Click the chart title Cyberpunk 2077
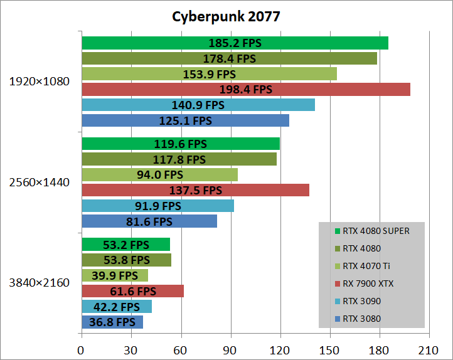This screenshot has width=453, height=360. pyautogui.click(x=226, y=16)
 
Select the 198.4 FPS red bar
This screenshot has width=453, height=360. pyautogui.click(x=245, y=90)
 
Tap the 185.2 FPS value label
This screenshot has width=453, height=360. pyautogui.click(x=235, y=43)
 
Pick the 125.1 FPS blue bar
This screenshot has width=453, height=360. pyautogui.click(x=185, y=120)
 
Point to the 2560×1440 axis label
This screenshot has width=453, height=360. pyautogui.click(x=39, y=182)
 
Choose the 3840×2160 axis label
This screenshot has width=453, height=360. pyautogui.click(x=39, y=282)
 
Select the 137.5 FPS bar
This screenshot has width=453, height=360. pyautogui.click(x=195, y=190)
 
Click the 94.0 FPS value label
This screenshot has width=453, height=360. pyautogui.click(x=160, y=174)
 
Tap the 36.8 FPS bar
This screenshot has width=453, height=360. pyautogui.click(x=112, y=322)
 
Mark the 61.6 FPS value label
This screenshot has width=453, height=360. pyautogui.click(x=132, y=291)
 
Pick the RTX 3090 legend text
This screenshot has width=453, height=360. pyautogui.click(x=361, y=301)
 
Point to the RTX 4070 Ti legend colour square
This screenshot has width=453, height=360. pyautogui.click(x=338, y=266)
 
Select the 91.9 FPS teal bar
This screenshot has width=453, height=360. pyautogui.click(x=157, y=206)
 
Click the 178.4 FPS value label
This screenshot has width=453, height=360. pyautogui.click(x=229, y=58)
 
